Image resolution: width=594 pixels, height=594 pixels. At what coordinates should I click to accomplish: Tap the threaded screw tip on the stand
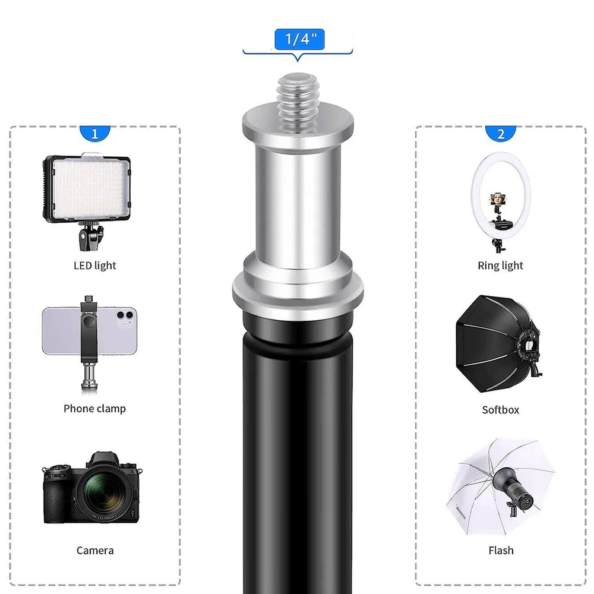pyautogui.click(x=297, y=90)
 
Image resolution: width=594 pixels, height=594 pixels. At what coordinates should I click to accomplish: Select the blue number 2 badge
pyautogui.click(x=501, y=134)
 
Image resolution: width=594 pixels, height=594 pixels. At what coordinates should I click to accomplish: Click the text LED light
pyautogui.click(x=95, y=266)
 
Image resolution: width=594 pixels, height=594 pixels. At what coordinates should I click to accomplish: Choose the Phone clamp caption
pyautogui.click(x=95, y=409)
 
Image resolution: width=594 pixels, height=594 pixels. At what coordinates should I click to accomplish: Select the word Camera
pyautogui.click(x=95, y=551)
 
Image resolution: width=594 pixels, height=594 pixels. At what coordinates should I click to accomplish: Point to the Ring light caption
pyautogui.click(x=501, y=266)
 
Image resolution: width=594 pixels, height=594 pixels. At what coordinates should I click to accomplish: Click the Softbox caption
pyautogui.click(x=501, y=410)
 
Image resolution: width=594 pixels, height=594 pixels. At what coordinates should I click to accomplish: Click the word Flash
pyautogui.click(x=501, y=551)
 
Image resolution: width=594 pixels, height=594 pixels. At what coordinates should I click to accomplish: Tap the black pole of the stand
pyautogui.click(x=297, y=463)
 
